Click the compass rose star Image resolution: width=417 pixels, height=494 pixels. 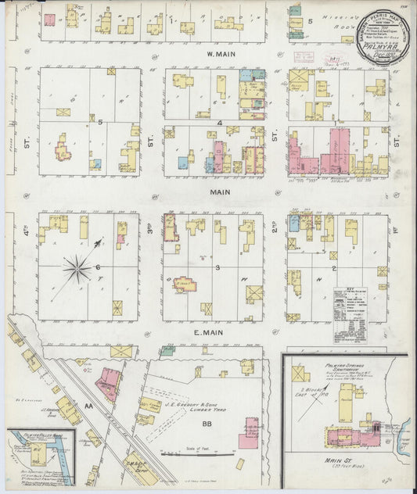77,270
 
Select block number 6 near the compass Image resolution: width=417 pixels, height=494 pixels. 99,267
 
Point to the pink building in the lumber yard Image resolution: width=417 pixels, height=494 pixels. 251,429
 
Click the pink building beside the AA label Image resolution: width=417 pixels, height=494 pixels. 107,385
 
